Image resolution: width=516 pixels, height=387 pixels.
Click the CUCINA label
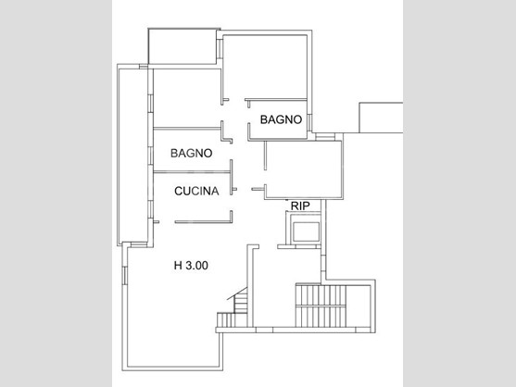click(x=196, y=191)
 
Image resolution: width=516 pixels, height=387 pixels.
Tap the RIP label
click(x=300, y=206)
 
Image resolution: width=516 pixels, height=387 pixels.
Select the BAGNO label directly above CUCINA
click(x=191, y=153)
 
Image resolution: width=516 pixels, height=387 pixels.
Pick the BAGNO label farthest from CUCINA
click(x=281, y=119)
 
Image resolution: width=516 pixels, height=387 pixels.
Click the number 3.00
click(x=196, y=266)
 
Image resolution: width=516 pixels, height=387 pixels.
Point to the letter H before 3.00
click(x=178, y=266)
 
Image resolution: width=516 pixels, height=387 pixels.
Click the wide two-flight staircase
click(x=321, y=306)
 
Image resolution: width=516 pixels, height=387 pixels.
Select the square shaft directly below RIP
click(x=306, y=231)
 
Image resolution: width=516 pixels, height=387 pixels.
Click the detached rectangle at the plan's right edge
click(x=381, y=118)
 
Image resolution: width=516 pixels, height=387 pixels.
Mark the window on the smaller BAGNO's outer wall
click(x=309, y=122)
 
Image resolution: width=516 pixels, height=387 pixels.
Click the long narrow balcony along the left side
click(x=132, y=155)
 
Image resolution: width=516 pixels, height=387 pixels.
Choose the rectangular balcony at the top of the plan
click(x=182, y=46)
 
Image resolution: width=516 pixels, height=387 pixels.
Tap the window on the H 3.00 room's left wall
click(x=125, y=275)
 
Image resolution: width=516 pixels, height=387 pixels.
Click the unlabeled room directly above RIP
click(x=304, y=169)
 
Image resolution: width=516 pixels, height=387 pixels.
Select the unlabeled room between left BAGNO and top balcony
click(x=187, y=98)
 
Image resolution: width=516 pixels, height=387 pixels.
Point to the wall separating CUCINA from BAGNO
click(x=192, y=171)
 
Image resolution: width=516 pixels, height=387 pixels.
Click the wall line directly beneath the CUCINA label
click(x=204, y=222)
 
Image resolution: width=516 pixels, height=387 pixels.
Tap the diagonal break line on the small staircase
click(x=237, y=293)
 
